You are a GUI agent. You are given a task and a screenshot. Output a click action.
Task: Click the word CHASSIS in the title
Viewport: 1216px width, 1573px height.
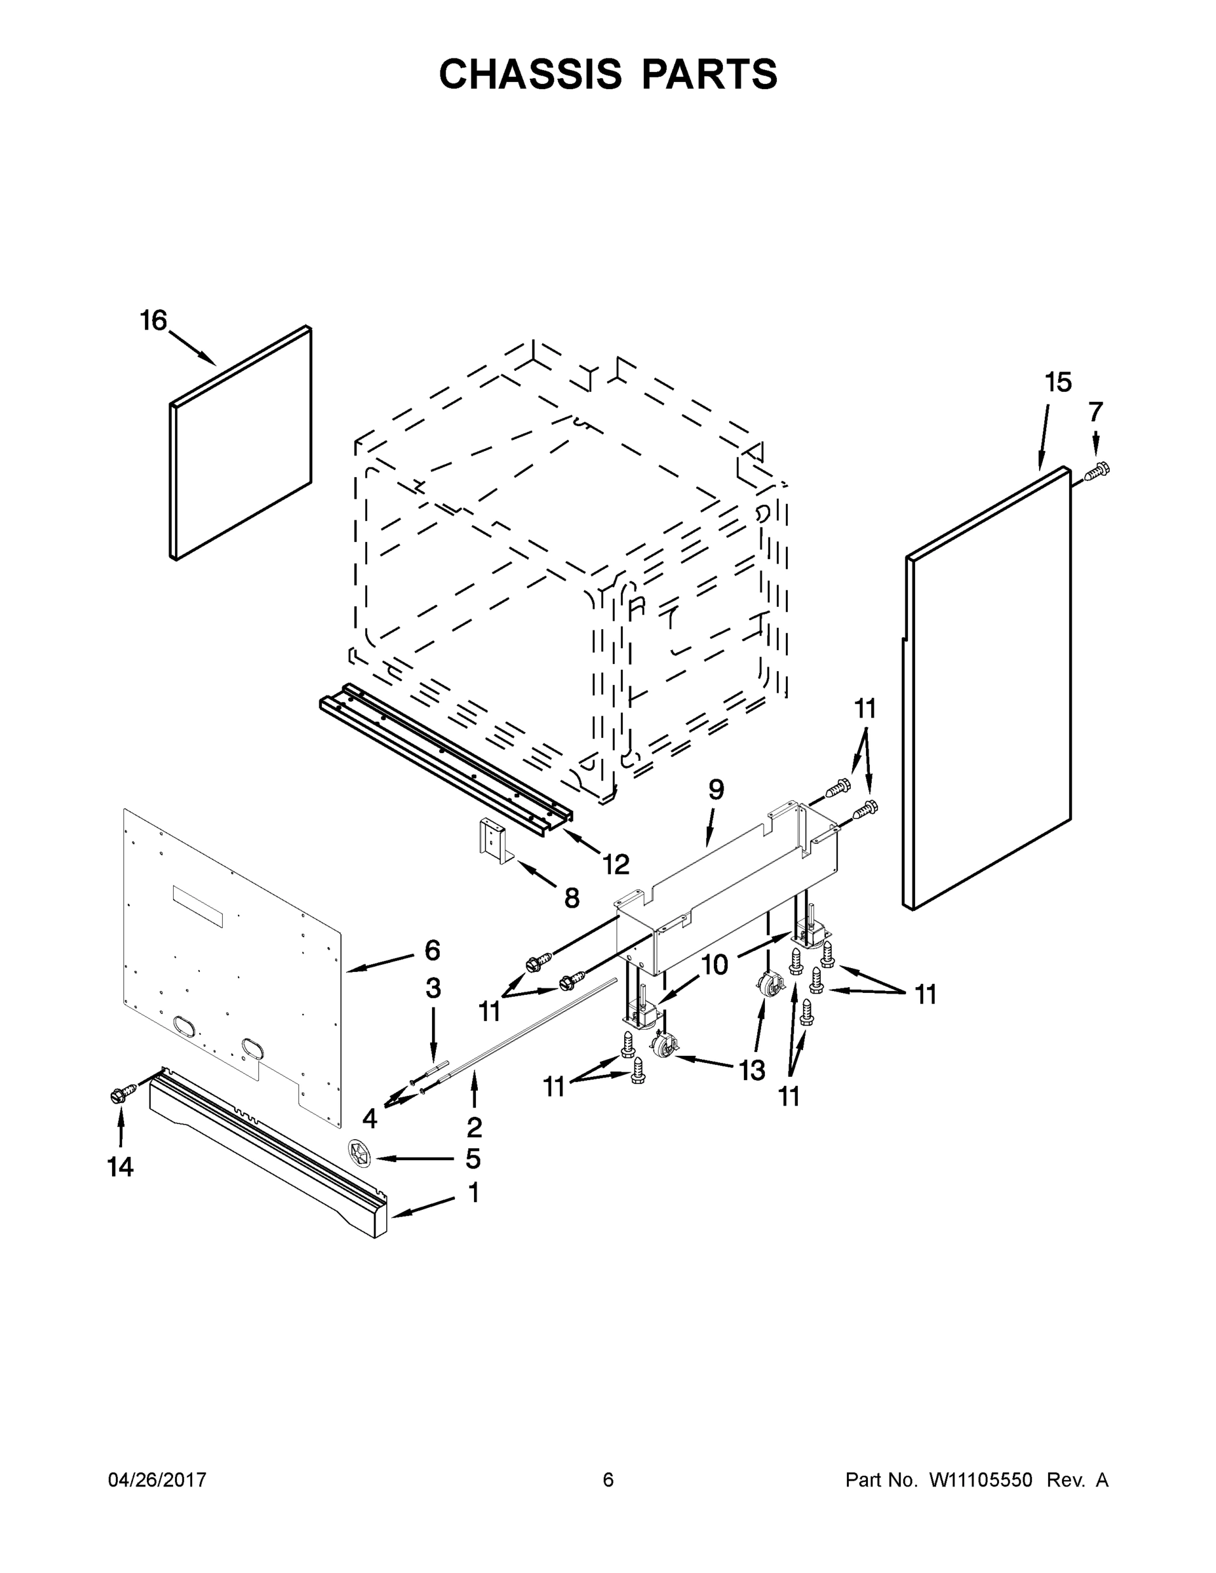pos(530,74)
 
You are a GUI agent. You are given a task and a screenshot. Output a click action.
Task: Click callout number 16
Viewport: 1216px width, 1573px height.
pos(153,320)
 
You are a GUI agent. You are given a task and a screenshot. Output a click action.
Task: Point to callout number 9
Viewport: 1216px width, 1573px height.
pos(715,790)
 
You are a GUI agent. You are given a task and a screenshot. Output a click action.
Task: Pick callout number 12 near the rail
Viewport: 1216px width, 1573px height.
pos(616,864)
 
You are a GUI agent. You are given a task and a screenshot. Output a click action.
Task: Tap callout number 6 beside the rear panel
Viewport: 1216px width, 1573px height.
pos(432,951)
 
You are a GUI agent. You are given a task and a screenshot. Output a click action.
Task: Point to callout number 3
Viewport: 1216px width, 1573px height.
pos(433,989)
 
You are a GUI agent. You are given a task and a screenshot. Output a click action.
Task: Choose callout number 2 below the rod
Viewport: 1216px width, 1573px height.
pos(474,1127)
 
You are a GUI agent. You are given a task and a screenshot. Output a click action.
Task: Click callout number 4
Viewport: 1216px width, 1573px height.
pos(370,1119)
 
